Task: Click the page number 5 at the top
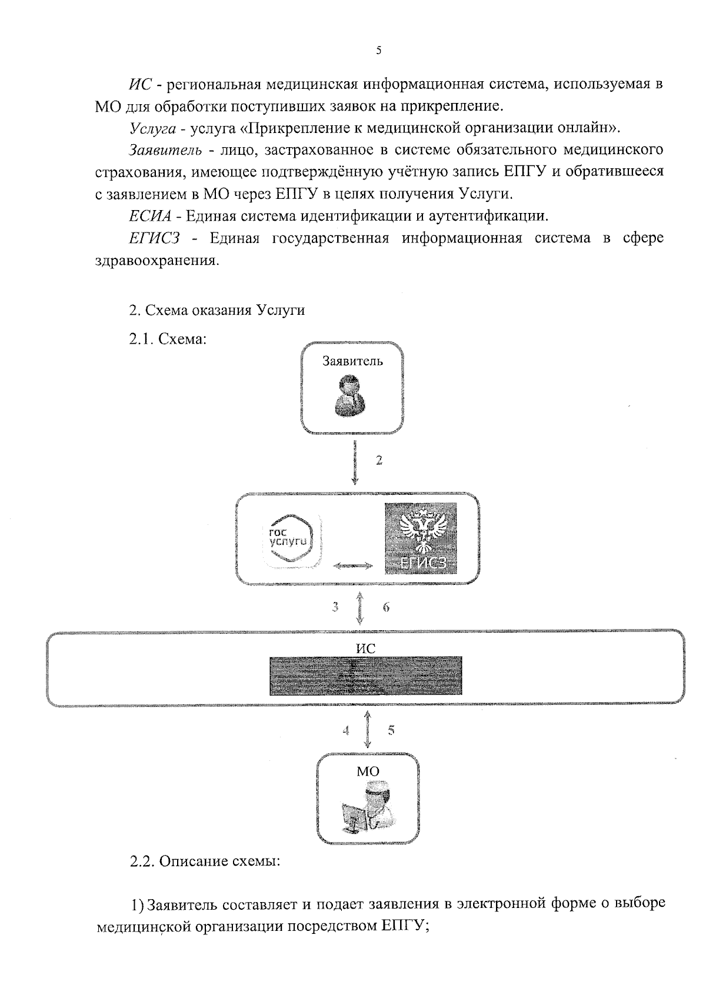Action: [x=378, y=51]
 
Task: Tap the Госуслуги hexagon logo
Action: [x=292, y=540]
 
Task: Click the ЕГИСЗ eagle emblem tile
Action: [x=421, y=538]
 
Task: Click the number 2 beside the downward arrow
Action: [x=379, y=461]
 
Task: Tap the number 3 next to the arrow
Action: [x=335, y=606]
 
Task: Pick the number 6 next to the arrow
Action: [x=387, y=607]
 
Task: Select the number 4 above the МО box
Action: [x=346, y=731]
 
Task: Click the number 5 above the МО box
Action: [x=391, y=731]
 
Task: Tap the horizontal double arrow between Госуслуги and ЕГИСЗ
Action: [x=353, y=565]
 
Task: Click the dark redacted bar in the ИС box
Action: [x=365, y=676]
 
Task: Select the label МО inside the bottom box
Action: [x=368, y=771]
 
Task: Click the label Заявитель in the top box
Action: [x=352, y=361]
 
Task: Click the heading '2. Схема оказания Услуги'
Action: [x=217, y=310]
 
